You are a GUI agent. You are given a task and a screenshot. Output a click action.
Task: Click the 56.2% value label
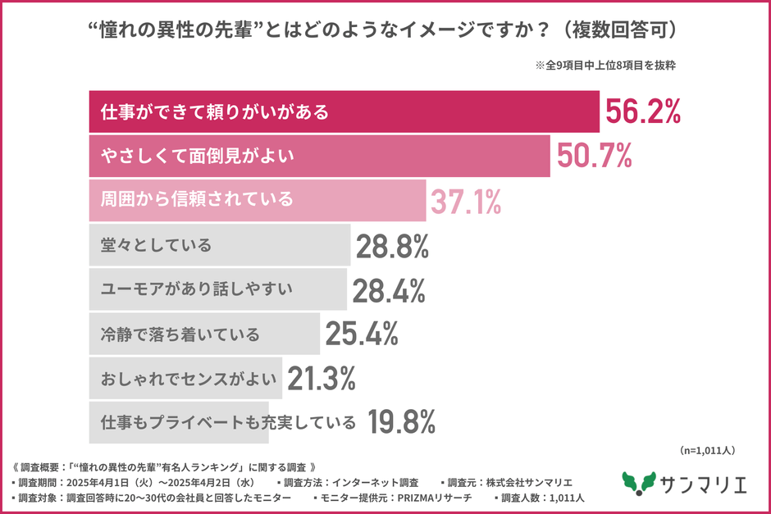643,111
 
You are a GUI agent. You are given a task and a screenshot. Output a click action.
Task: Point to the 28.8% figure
393,244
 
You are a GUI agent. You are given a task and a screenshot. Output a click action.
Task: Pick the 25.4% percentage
362,333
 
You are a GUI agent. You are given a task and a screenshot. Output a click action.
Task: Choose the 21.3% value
321,378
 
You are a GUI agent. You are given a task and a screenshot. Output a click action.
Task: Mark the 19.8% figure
400,422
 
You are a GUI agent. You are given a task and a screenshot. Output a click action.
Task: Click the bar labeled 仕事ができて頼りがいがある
344,111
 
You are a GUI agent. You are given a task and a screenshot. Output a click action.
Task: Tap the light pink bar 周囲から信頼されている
257,200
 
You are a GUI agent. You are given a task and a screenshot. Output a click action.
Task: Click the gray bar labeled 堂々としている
219,244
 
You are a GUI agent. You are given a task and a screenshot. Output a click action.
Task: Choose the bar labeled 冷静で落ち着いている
203,333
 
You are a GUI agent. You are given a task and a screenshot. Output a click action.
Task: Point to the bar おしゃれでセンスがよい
185,378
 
